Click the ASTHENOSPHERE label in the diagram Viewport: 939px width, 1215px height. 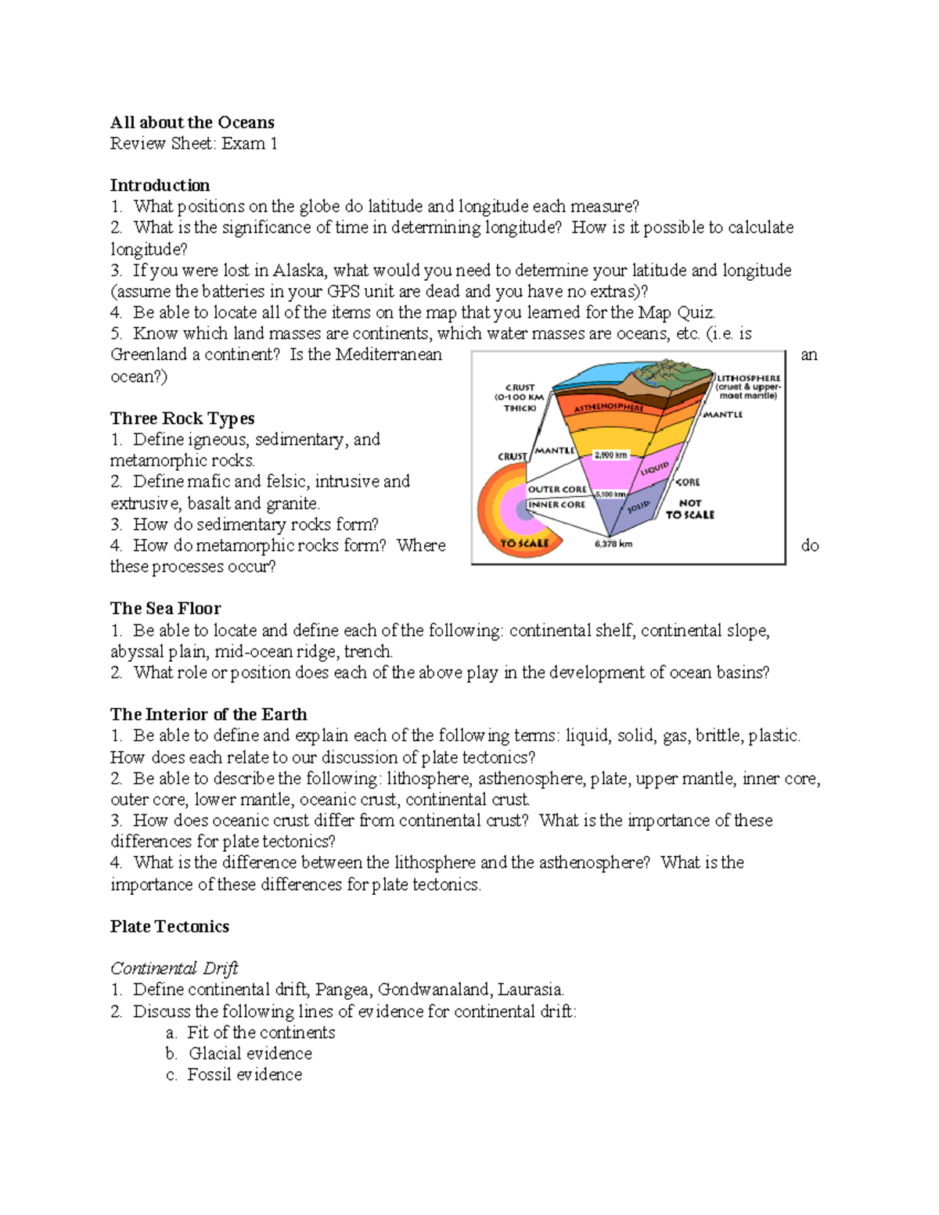(x=609, y=408)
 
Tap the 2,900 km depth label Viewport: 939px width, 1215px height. (x=611, y=455)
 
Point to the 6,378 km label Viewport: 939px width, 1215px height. (x=613, y=544)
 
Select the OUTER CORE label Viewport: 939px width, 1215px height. (x=556, y=489)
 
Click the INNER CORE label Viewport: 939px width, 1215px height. (x=556, y=505)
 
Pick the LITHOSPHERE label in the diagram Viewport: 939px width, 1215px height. (x=749, y=378)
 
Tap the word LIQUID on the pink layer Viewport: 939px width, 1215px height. (x=654, y=469)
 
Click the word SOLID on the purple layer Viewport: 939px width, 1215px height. (x=639, y=507)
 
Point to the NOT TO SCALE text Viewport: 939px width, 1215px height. (x=690, y=509)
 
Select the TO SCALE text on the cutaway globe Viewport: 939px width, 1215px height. (x=524, y=543)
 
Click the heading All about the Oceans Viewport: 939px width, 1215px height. (x=192, y=122)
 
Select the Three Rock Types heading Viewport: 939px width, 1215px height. (x=182, y=418)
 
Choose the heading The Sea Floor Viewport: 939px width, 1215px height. (x=165, y=608)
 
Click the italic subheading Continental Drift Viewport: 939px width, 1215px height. (x=174, y=968)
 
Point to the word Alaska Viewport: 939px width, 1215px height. (x=298, y=270)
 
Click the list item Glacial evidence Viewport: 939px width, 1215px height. (x=250, y=1053)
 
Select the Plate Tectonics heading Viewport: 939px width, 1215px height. (x=170, y=926)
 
